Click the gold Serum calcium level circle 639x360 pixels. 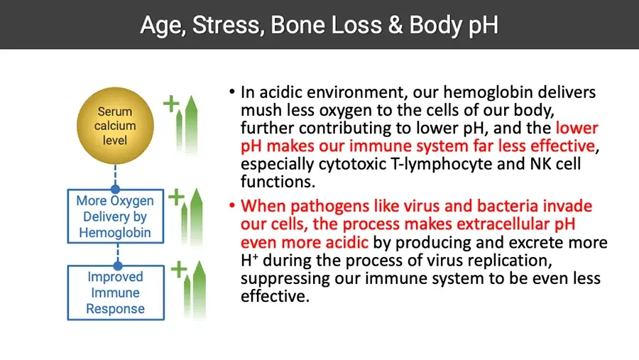(115, 126)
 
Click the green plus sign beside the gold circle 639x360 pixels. (171, 104)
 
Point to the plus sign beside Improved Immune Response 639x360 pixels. (178, 269)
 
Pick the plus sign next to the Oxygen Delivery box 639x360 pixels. (176, 197)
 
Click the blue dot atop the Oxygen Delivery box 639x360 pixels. (115, 189)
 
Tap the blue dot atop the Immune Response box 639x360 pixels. (118, 266)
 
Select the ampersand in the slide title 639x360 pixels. (395, 25)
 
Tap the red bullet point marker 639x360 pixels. (232, 205)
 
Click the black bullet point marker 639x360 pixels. (232, 92)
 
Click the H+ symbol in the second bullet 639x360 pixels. (249, 260)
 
